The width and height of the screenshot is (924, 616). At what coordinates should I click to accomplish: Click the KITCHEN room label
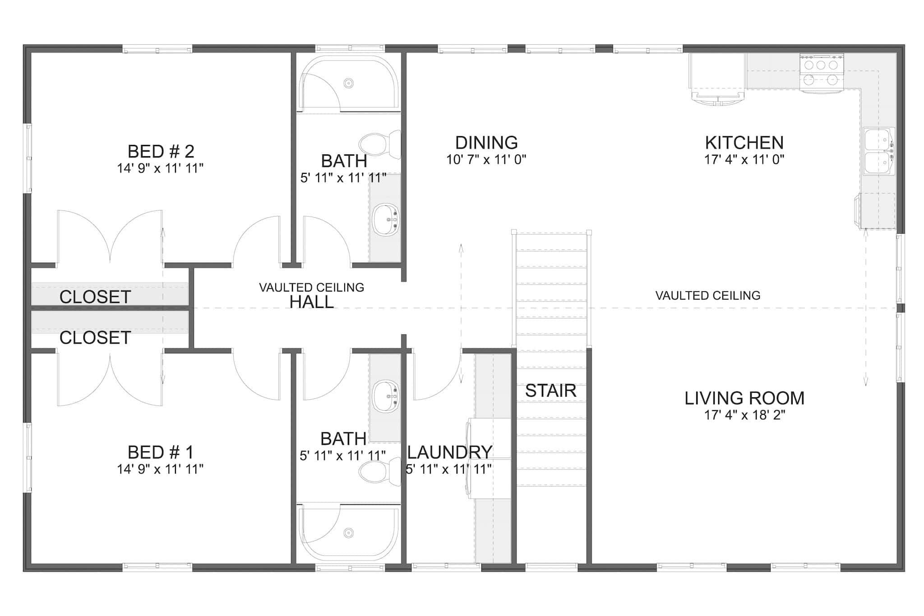pyautogui.click(x=744, y=143)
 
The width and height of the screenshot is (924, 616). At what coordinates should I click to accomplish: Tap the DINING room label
pyautogui.click(x=486, y=143)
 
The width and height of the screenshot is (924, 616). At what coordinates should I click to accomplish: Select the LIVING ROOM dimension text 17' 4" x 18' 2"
pyautogui.click(x=744, y=415)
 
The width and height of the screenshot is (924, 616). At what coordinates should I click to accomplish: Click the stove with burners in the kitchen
pyautogui.click(x=821, y=73)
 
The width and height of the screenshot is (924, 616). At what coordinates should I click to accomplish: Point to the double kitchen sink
pyautogui.click(x=878, y=151)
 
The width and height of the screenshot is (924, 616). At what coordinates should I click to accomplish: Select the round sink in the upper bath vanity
pyautogui.click(x=386, y=220)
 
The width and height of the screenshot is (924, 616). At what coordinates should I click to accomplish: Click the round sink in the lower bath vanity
pyautogui.click(x=386, y=396)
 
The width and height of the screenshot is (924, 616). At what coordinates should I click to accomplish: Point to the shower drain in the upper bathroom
pyautogui.click(x=348, y=83)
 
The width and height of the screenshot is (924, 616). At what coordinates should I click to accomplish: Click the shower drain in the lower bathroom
pyautogui.click(x=348, y=533)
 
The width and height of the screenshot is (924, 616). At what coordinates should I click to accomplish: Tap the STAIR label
pyautogui.click(x=550, y=391)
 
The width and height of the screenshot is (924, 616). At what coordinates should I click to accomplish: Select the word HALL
pyautogui.click(x=311, y=302)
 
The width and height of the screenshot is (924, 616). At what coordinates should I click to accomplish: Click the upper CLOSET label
pyautogui.click(x=95, y=297)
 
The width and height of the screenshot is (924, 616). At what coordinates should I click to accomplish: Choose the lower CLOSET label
pyautogui.click(x=95, y=338)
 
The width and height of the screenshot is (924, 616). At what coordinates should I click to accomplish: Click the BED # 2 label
pyautogui.click(x=161, y=151)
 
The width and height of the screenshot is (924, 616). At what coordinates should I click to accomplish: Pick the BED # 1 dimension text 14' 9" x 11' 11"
pyautogui.click(x=160, y=469)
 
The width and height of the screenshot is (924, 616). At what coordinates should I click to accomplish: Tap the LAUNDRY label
pyautogui.click(x=449, y=452)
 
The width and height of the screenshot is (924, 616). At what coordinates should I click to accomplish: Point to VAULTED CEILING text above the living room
pyautogui.click(x=707, y=296)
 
